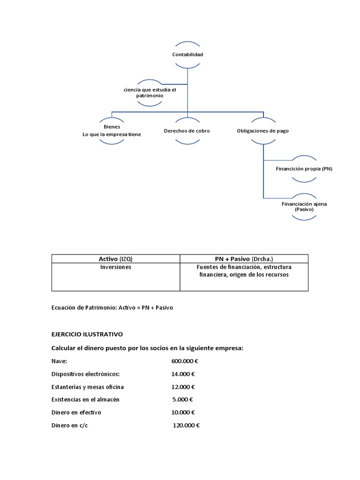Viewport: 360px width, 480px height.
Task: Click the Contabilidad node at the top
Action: pyautogui.click(x=187, y=54)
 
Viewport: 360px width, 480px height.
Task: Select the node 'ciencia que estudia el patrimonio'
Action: pyautogui.click(x=149, y=92)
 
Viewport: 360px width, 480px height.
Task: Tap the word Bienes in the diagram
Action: pyautogui.click(x=112, y=127)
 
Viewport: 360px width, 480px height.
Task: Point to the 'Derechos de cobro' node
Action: pyautogui.click(x=187, y=131)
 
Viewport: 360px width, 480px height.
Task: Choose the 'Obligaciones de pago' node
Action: pyautogui.click(x=263, y=131)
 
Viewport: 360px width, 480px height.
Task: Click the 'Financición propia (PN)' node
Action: pyautogui.click(x=304, y=168)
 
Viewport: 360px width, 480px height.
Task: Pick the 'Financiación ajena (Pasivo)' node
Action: pyautogui.click(x=304, y=206)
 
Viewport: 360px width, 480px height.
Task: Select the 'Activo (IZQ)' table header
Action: pyautogui.click(x=115, y=259)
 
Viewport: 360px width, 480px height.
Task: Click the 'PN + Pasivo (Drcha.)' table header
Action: pyautogui.click(x=244, y=259)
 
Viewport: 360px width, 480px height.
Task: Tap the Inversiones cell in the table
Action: pyautogui.click(x=115, y=267)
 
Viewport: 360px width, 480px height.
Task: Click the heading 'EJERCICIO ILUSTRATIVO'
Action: pyautogui.click(x=87, y=335)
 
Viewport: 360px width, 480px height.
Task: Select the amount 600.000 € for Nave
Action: pyautogui.click(x=185, y=361)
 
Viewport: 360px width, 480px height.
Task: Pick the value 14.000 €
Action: pyautogui.click(x=183, y=374)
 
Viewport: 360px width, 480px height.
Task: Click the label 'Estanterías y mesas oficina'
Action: pyautogui.click(x=88, y=387)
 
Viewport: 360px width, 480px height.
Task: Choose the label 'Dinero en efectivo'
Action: pyautogui.click(x=76, y=412)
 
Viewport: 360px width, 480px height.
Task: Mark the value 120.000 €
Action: pyautogui.click(x=186, y=426)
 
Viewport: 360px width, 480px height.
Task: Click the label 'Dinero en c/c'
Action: pyautogui.click(x=69, y=426)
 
